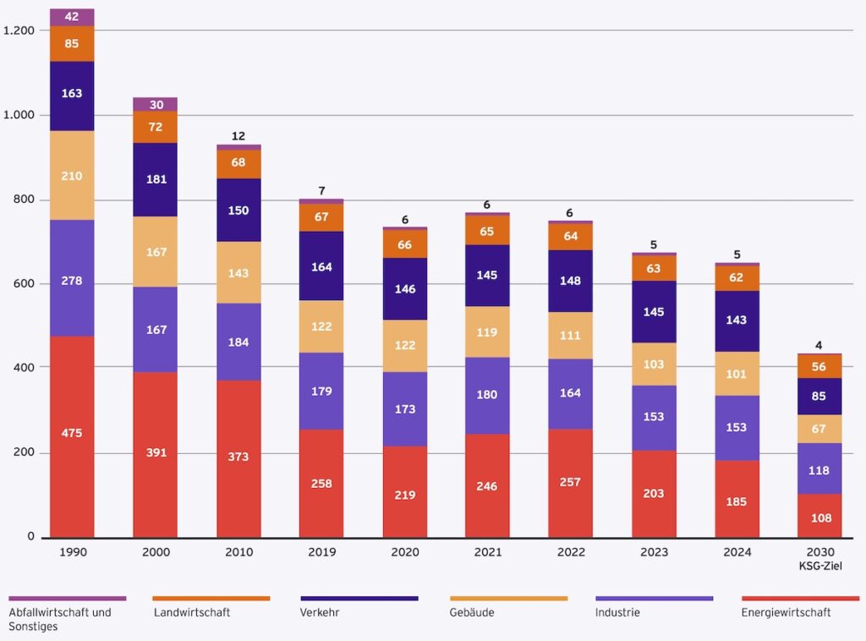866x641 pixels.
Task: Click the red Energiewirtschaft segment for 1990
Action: coord(72,436)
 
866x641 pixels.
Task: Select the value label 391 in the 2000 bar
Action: coord(156,452)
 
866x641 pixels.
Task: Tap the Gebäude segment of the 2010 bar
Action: coord(238,273)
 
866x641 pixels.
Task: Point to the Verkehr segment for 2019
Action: coord(321,266)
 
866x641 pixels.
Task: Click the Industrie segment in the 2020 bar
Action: coord(404,408)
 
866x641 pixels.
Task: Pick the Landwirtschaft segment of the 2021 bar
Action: coord(487,230)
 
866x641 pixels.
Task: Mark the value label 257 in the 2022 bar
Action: coord(571,484)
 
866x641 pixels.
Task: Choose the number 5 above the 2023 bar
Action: coord(654,245)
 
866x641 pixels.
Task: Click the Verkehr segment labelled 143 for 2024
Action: coord(737,320)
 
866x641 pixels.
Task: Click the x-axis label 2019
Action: coord(321,552)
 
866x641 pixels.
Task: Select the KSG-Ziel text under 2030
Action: coord(819,565)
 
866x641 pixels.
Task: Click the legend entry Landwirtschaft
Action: coord(192,612)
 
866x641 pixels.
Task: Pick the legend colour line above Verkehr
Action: coord(359,598)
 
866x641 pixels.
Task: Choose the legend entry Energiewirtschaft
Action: coord(786,612)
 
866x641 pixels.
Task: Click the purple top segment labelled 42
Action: coord(72,17)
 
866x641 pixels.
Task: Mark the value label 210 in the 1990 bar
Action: coord(72,176)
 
